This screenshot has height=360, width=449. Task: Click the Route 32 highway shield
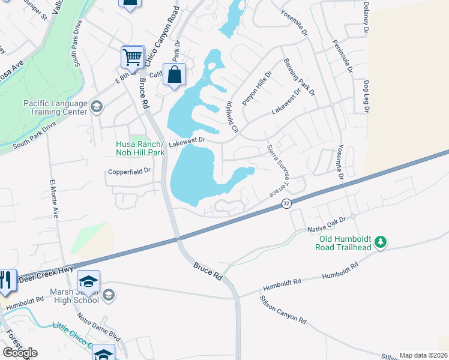pyautogui.click(x=286, y=204)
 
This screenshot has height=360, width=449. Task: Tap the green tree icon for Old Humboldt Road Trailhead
pyautogui.click(x=379, y=242)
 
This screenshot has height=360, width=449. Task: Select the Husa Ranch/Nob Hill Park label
pyautogui.click(x=140, y=149)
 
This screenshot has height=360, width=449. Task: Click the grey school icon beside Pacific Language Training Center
pyautogui.click(x=96, y=107)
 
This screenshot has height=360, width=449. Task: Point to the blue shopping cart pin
pyautogui.click(x=132, y=58)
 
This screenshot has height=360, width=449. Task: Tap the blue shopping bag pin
pyautogui.click(x=173, y=76)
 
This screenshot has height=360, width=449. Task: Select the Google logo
pyautogui.click(x=20, y=353)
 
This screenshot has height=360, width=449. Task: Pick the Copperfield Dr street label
pyautogui.click(x=128, y=171)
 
